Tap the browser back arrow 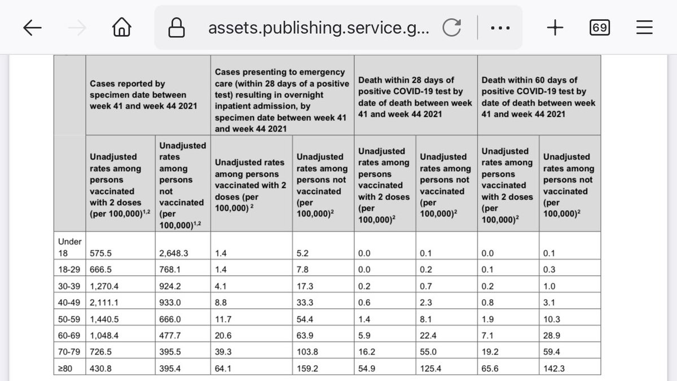tap(33, 28)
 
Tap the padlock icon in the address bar tap(177, 28)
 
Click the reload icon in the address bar tap(451, 28)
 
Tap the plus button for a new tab tap(555, 28)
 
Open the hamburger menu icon tap(644, 28)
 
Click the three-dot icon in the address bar tap(500, 28)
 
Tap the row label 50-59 tap(71, 319)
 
